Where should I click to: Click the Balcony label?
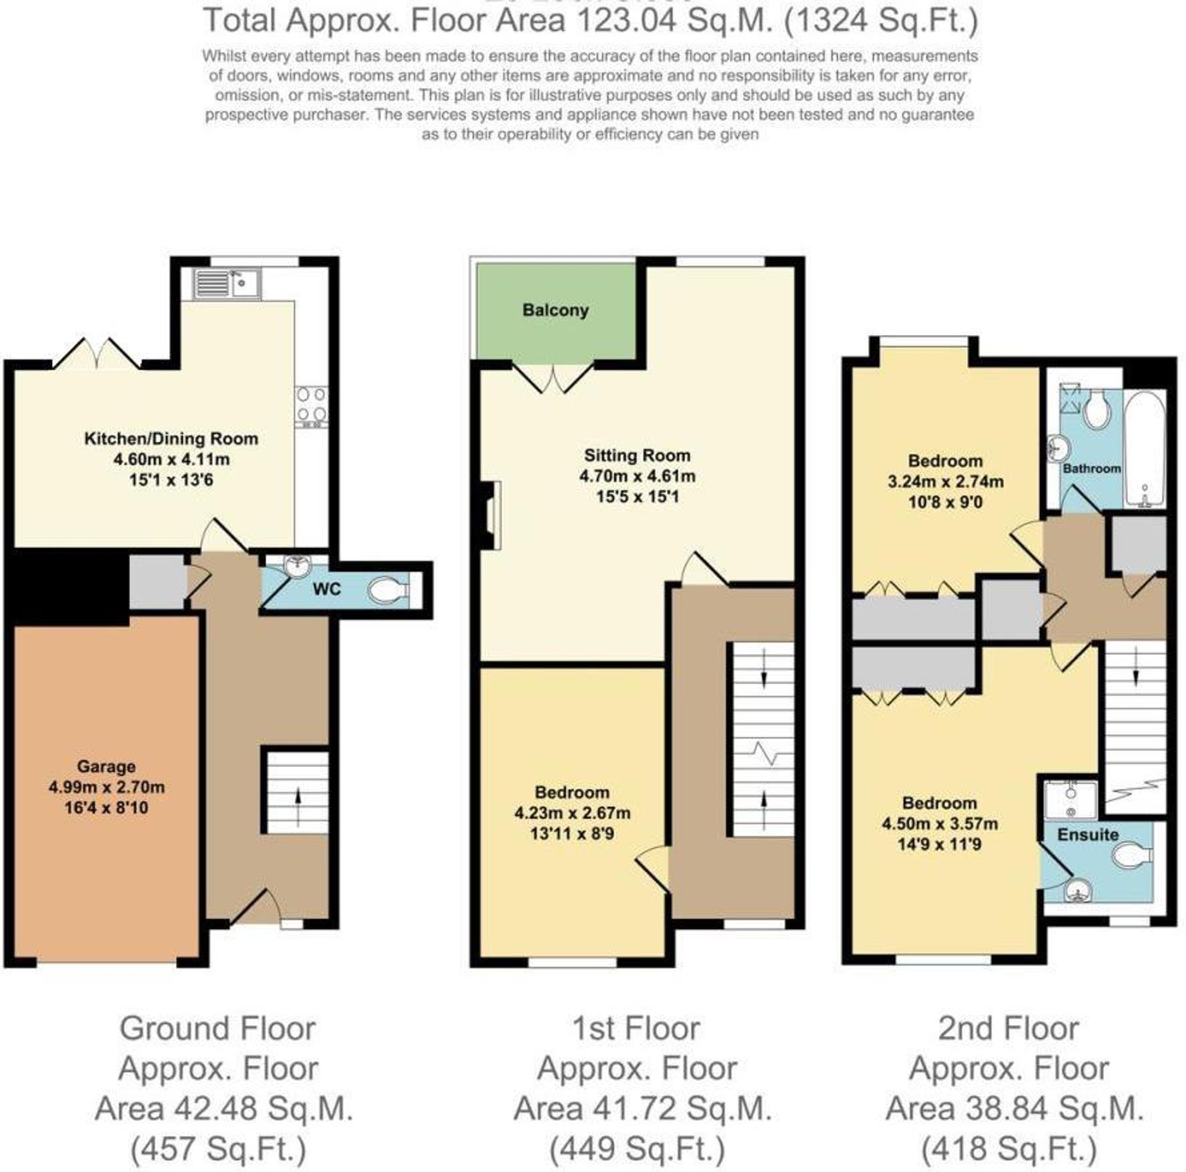(555, 310)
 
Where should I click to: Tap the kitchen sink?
(228, 284)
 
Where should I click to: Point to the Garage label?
(106, 767)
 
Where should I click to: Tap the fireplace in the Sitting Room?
(490, 515)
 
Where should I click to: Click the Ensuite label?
(1087, 835)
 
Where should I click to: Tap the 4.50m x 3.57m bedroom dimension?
(939, 824)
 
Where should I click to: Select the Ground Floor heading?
(217, 1028)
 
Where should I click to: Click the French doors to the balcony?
(553, 378)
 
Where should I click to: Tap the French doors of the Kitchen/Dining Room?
(98, 354)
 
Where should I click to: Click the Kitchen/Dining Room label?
(171, 439)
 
